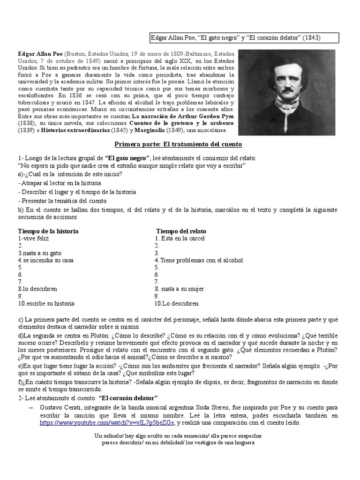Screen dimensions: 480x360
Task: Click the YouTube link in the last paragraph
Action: [107, 422]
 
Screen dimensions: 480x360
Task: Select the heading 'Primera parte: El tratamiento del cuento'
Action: [178, 144]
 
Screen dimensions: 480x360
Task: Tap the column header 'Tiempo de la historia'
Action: [48, 231]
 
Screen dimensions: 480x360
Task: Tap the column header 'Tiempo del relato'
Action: [181, 231]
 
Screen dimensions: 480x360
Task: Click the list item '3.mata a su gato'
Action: [40, 253]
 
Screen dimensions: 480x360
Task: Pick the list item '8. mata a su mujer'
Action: [180, 289]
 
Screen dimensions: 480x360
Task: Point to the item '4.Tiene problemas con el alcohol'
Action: [199, 260]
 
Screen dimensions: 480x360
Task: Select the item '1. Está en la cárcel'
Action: [180, 238]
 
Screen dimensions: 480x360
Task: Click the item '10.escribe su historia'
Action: [46, 303]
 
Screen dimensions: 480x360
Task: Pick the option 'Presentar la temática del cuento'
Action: [62, 201]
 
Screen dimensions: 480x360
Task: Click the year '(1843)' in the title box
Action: [310, 38]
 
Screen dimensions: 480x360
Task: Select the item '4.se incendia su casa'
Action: [45, 260]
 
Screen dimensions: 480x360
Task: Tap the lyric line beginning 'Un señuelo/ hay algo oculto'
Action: [178, 435]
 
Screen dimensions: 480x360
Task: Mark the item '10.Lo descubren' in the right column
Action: [177, 303]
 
